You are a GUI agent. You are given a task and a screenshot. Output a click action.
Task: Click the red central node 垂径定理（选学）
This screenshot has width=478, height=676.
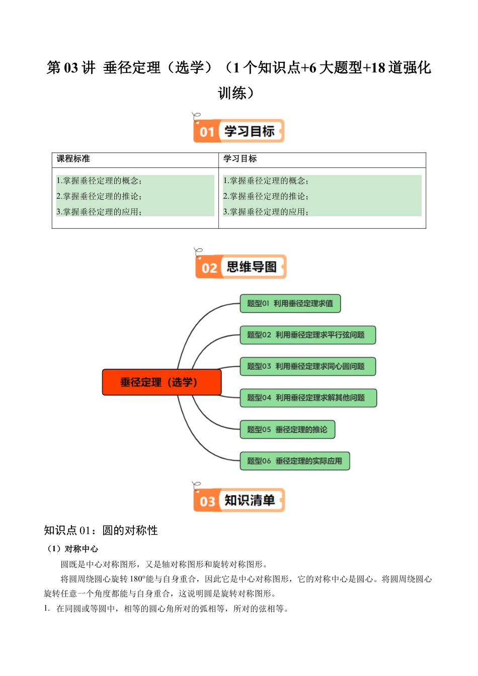click(x=162, y=382)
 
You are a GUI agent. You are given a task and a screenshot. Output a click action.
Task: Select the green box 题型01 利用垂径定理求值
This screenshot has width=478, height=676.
click(x=290, y=304)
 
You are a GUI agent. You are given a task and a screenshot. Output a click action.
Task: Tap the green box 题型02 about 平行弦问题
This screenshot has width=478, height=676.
click(x=307, y=335)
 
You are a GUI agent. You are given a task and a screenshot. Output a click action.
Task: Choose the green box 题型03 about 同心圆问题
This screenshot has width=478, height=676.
click(x=307, y=366)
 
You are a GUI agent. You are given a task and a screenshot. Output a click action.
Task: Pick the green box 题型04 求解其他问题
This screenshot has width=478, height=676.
click(x=308, y=398)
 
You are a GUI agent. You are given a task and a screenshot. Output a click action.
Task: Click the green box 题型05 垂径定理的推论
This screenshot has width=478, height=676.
click(x=287, y=430)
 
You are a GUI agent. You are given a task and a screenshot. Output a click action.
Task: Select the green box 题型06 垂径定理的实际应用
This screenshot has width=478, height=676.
click(x=294, y=461)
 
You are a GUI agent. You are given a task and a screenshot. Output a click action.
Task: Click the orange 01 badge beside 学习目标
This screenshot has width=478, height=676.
click(x=207, y=132)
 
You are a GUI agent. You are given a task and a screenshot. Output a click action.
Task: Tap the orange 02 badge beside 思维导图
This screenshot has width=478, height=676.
click(x=209, y=268)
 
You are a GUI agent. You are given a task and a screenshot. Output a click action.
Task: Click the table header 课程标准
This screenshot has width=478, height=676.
click(x=73, y=159)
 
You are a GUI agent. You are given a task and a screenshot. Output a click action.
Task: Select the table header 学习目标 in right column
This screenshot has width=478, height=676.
click(x=240, y=159)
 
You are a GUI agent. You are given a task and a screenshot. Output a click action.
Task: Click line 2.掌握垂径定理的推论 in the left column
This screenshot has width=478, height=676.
click(x=99, y=196)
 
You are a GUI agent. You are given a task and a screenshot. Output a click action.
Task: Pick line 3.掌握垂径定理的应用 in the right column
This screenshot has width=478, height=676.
click(x=266, y=212)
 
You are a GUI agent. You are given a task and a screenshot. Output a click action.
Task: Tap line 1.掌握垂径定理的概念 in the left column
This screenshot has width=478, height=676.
click(x=99, y=181)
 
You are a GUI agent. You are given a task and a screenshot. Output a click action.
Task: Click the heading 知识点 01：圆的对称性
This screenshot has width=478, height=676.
click(x=101, y=531)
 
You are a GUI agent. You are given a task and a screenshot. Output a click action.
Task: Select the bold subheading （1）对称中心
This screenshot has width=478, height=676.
click(x=71, y=549)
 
